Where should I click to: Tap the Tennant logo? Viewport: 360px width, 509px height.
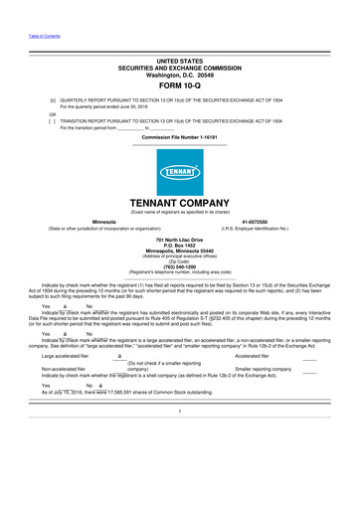(x=180, y=182)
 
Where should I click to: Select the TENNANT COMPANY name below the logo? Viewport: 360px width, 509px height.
(x=180, y=204)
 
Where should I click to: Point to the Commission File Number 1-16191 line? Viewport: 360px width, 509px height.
(x=179, y=136)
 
